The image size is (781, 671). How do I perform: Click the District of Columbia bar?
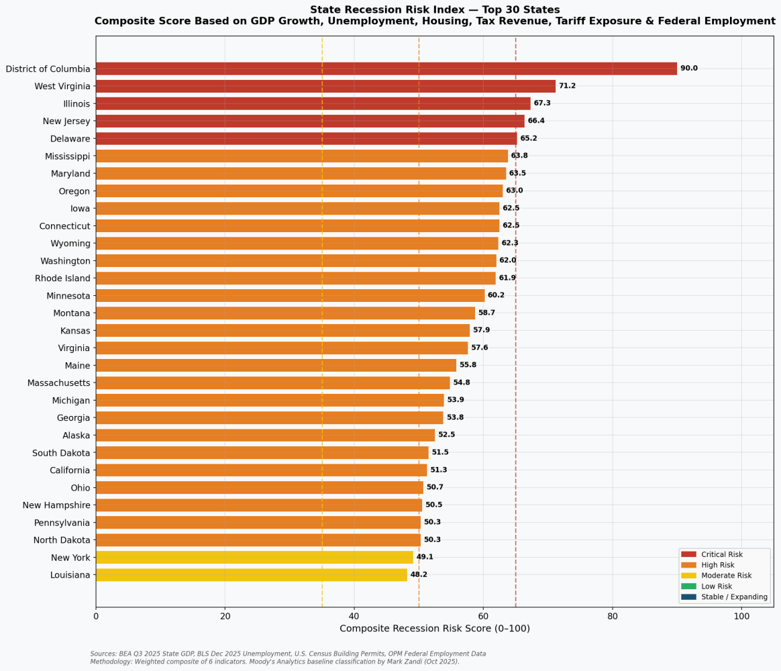[386, 68]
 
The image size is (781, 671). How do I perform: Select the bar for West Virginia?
[325, 86]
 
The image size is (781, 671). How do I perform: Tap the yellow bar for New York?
[254, 557]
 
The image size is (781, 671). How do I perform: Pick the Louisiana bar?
[251, 575]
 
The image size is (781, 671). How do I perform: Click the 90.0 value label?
[688, 68]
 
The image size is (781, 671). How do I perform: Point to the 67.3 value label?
[541, 103]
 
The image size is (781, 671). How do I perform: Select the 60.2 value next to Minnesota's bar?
[496, 295]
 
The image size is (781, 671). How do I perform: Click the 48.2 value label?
[419, 575]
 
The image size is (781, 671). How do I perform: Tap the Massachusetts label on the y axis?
[58, 383]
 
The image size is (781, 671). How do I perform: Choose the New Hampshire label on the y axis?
[56, 505]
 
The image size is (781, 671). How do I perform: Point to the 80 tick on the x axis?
[612, 616]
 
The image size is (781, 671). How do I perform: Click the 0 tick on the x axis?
[96, 616]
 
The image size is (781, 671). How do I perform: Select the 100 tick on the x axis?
[741, 616]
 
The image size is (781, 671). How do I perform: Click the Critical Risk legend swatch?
[688, 554]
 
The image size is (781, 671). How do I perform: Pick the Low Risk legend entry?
[716, 586]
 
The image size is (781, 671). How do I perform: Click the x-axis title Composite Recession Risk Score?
[434, 629]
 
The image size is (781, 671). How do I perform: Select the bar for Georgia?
[269, 418]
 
